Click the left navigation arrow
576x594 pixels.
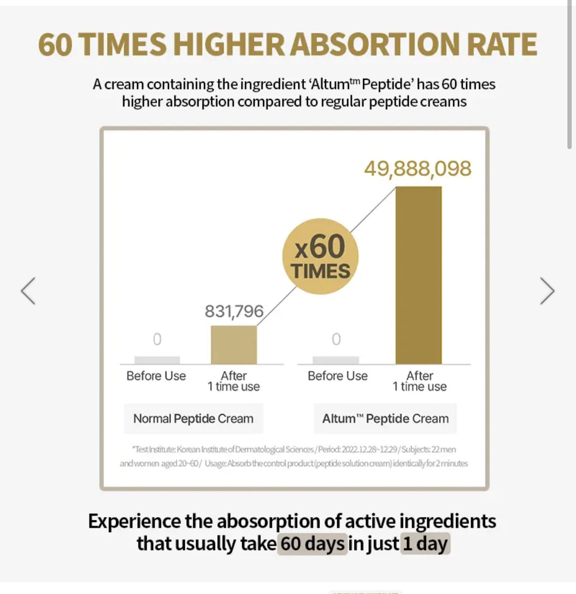point(28,291)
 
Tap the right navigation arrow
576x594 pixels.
point(547,291)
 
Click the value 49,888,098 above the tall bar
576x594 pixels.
point(417,169)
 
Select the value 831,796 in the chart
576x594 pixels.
point(234,312)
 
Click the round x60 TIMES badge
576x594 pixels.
point(320,256)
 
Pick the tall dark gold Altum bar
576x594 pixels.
point(418,275)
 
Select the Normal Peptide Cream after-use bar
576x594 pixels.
point(234,345)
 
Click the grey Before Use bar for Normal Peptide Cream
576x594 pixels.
point(157,360)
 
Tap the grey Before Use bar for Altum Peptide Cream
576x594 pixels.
point(336,360)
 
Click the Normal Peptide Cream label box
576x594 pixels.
point(193,419)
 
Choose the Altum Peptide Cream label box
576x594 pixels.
point(385,419)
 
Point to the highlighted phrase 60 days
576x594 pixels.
point(312,544)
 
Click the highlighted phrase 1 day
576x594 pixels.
point(425,544)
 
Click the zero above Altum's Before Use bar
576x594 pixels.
point(336,339)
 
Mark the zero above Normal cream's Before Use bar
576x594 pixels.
point(157,339)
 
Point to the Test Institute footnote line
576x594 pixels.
point(294,449)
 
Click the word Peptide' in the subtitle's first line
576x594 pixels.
point(388,85)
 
